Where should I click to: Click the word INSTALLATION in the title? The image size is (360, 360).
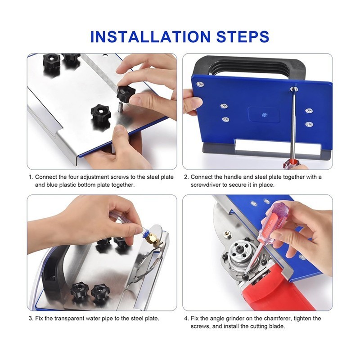pyautogui.click(x=150, y=36)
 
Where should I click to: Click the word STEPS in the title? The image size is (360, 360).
pyautogui.click(x=243, y=36)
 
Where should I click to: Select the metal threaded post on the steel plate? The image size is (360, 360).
pyautogui.click(x=120, y=108)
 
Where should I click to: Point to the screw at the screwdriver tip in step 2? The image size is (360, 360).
pyautogui.click(x=294, y=89)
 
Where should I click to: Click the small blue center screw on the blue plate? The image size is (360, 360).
pyautogui.click(x=265, y=115)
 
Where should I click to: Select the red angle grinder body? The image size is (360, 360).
pyautogui.click(x=273, y=291)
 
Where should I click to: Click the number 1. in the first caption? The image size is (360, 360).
pyautogui.click(x=31, y=177)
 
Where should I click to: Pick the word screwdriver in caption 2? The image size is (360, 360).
pyautogui.click(x=205, y=185)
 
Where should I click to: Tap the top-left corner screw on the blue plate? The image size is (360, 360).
pyautogui.click(x=200, y=84)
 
